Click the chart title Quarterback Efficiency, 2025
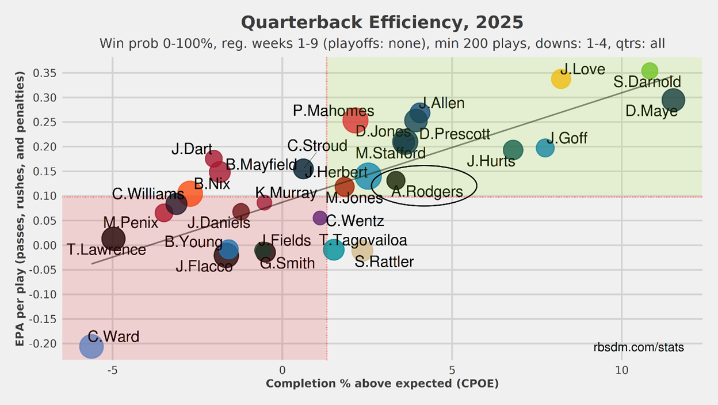coord(382,22)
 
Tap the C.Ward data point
coord(91,347)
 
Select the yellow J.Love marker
coord(561,79)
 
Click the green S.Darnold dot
coord(650,71)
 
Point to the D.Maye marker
coord(673,100)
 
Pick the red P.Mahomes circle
coord(356,120)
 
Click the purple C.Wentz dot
coord(320,218)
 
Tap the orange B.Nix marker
coord(190,194)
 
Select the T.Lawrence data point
coord(113,238)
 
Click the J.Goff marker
coord(545,148)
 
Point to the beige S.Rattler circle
coord(362,250)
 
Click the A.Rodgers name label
coord(427,192)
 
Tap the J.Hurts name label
coord(491,161)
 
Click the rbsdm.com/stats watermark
coord(639,348)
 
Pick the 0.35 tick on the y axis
coord(46,73)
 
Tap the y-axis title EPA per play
coord(21,209)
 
